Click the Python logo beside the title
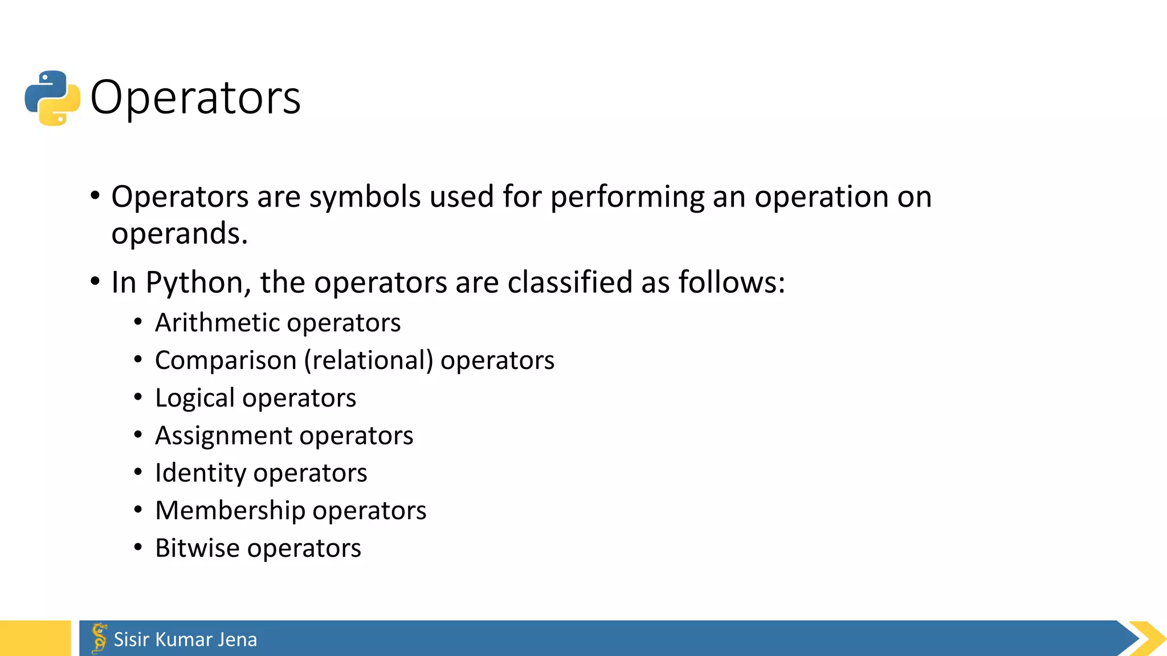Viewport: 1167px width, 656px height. tap(52, 98)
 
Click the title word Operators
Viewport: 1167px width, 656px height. tap(195, 97)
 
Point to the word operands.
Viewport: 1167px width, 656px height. tap(179, 233)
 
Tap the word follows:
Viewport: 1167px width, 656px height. tap(732, 282)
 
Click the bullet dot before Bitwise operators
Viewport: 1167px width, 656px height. tap(138, 548)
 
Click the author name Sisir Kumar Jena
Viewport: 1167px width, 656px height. tap(185, 639)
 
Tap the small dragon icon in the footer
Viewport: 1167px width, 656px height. tap(99, 638)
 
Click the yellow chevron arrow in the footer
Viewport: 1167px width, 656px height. tap(1147, 638)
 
